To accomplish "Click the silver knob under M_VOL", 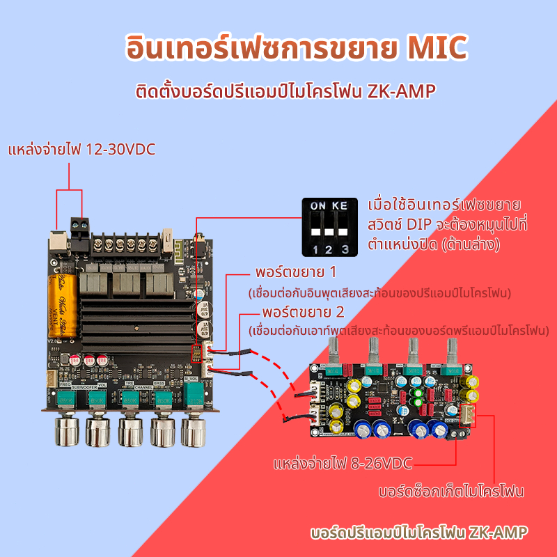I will coord(195,430).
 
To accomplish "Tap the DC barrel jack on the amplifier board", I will coord(56,240).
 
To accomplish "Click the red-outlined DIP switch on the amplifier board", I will coord(197,353).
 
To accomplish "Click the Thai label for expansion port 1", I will coord(296,271).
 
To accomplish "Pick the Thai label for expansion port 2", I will coord(303,311).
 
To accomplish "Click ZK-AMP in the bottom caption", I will coord(499,533).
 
